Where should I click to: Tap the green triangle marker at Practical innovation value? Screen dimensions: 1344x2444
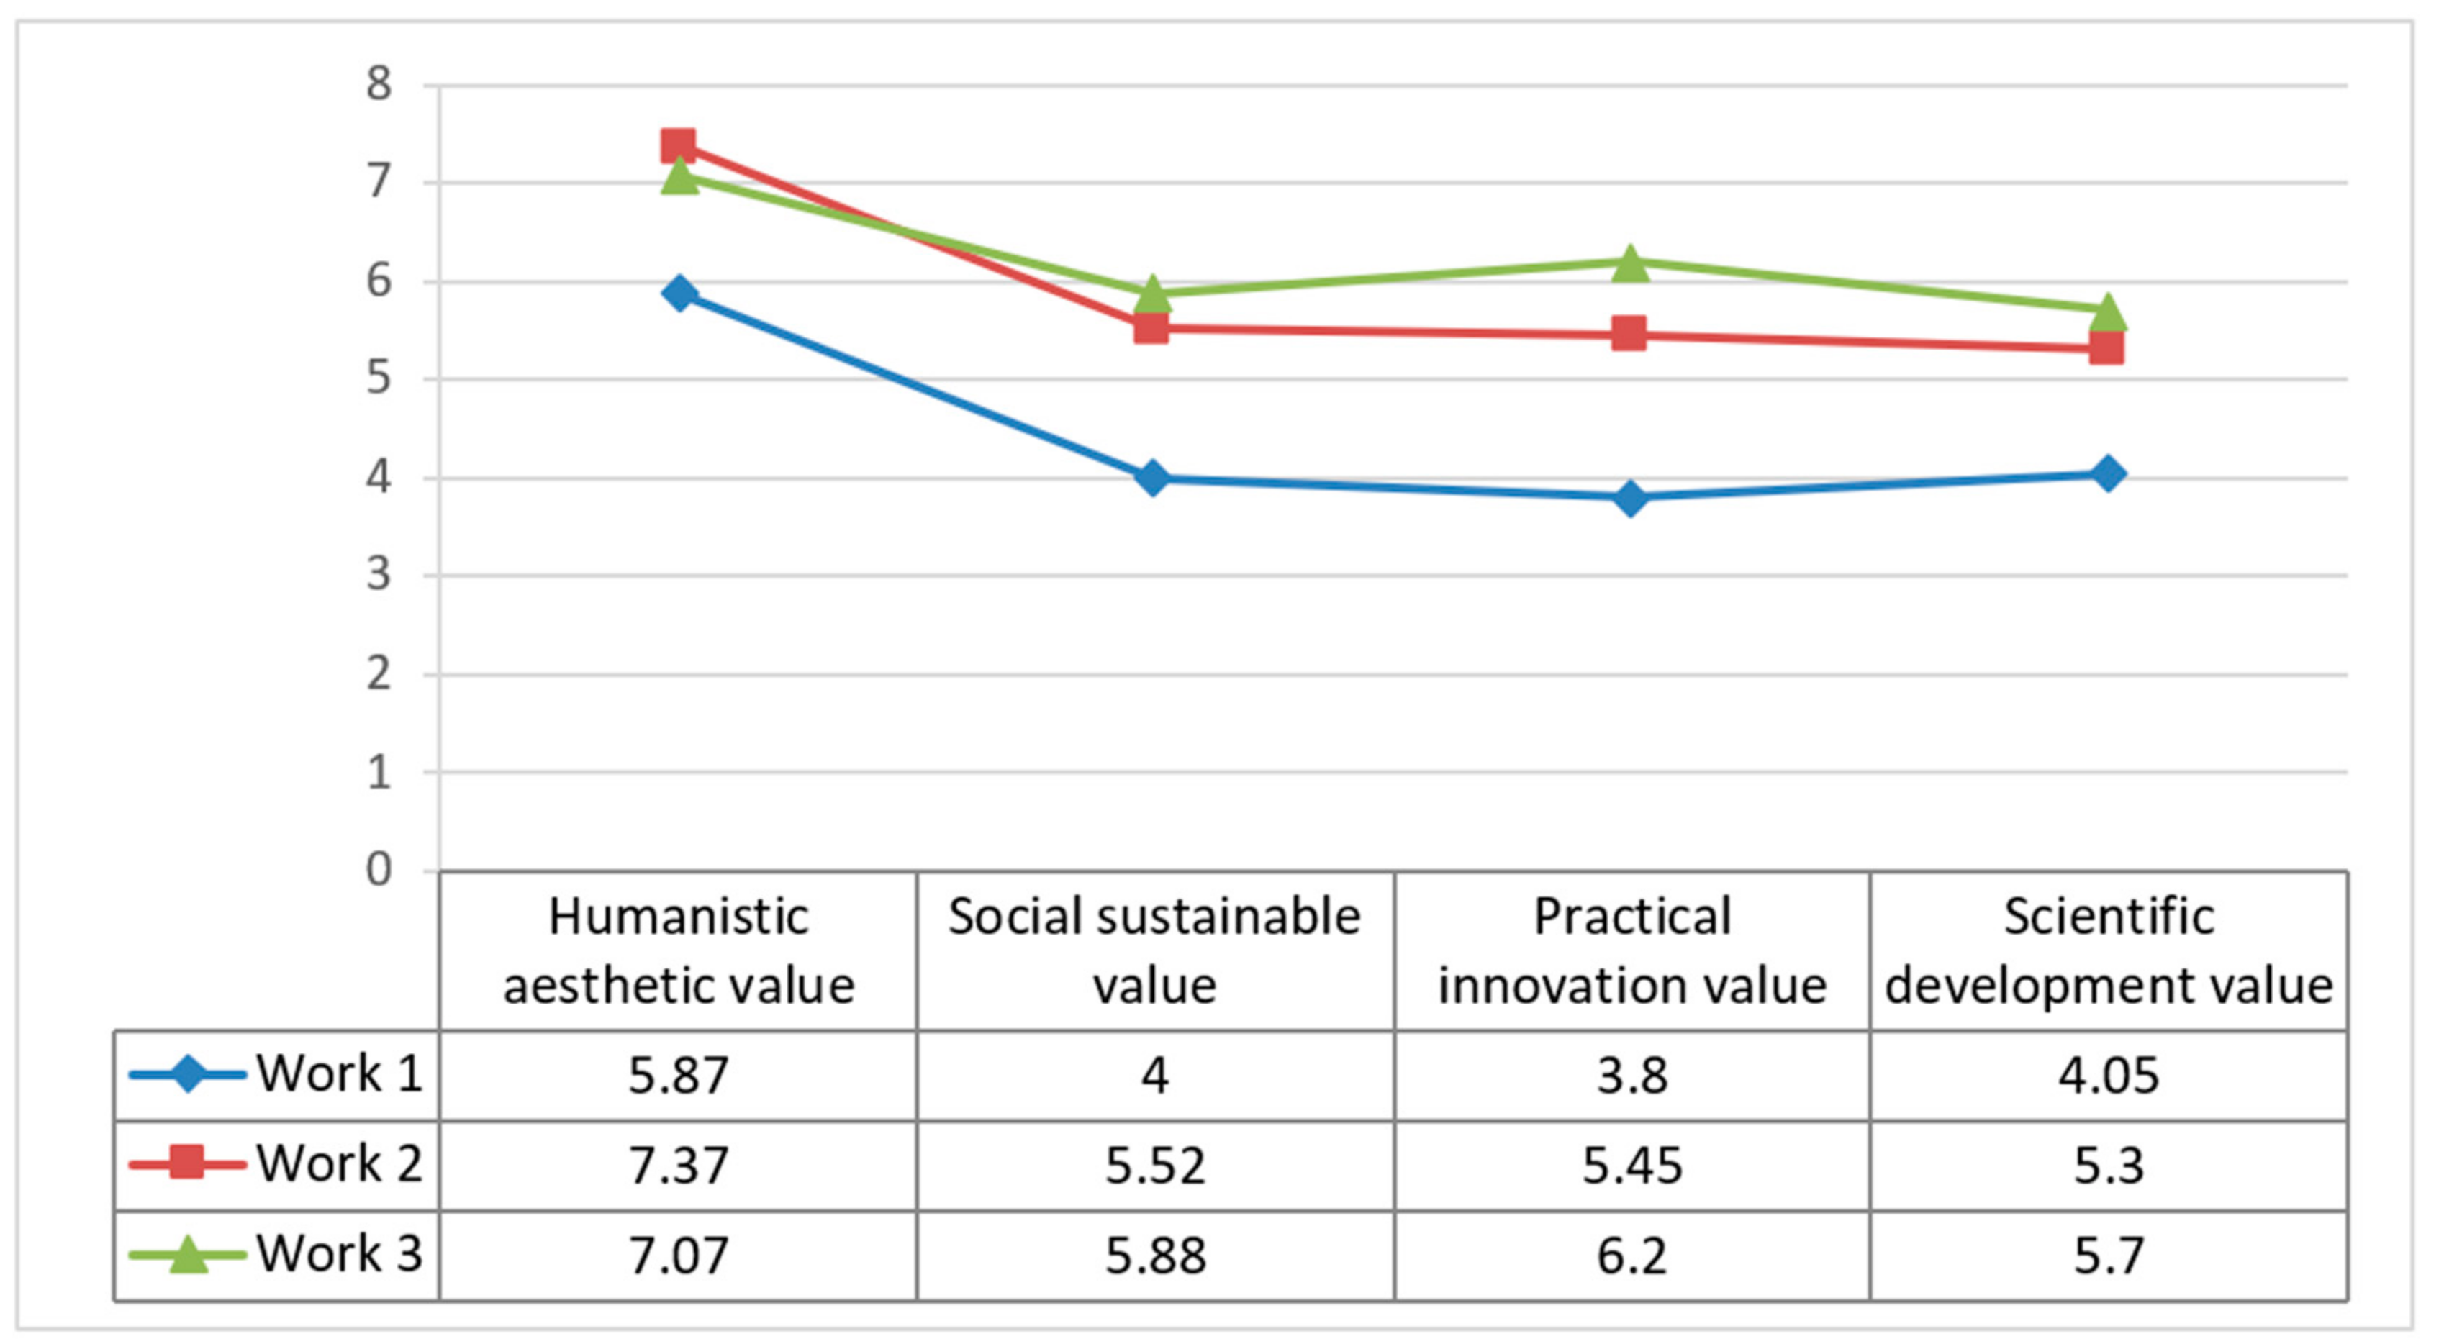pos(1630,263)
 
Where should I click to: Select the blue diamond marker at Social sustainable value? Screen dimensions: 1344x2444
pos(1153,478)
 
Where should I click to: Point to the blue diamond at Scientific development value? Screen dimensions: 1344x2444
pos(2107,473)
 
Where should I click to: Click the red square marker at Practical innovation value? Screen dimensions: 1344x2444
pos(1629,334)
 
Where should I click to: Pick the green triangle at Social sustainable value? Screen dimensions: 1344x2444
pos(1153,294)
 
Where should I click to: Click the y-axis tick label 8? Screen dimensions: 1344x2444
pos(379,84)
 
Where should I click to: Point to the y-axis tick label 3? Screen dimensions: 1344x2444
pos(379,575)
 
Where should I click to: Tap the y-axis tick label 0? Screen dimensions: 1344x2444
pos(379,870)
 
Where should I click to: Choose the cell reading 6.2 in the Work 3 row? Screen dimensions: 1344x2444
pos(1631,1255)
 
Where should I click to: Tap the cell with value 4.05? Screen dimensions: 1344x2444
pos(2107,1076)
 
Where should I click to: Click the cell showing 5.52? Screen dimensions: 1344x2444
pos(1154,1165)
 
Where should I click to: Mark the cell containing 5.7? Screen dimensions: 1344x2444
pos(2107,1255)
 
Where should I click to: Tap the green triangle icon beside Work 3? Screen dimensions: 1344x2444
pos(187,1255)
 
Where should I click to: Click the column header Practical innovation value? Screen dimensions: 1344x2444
pos(1631,950)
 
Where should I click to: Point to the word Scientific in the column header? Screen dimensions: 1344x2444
pos(2107,916)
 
